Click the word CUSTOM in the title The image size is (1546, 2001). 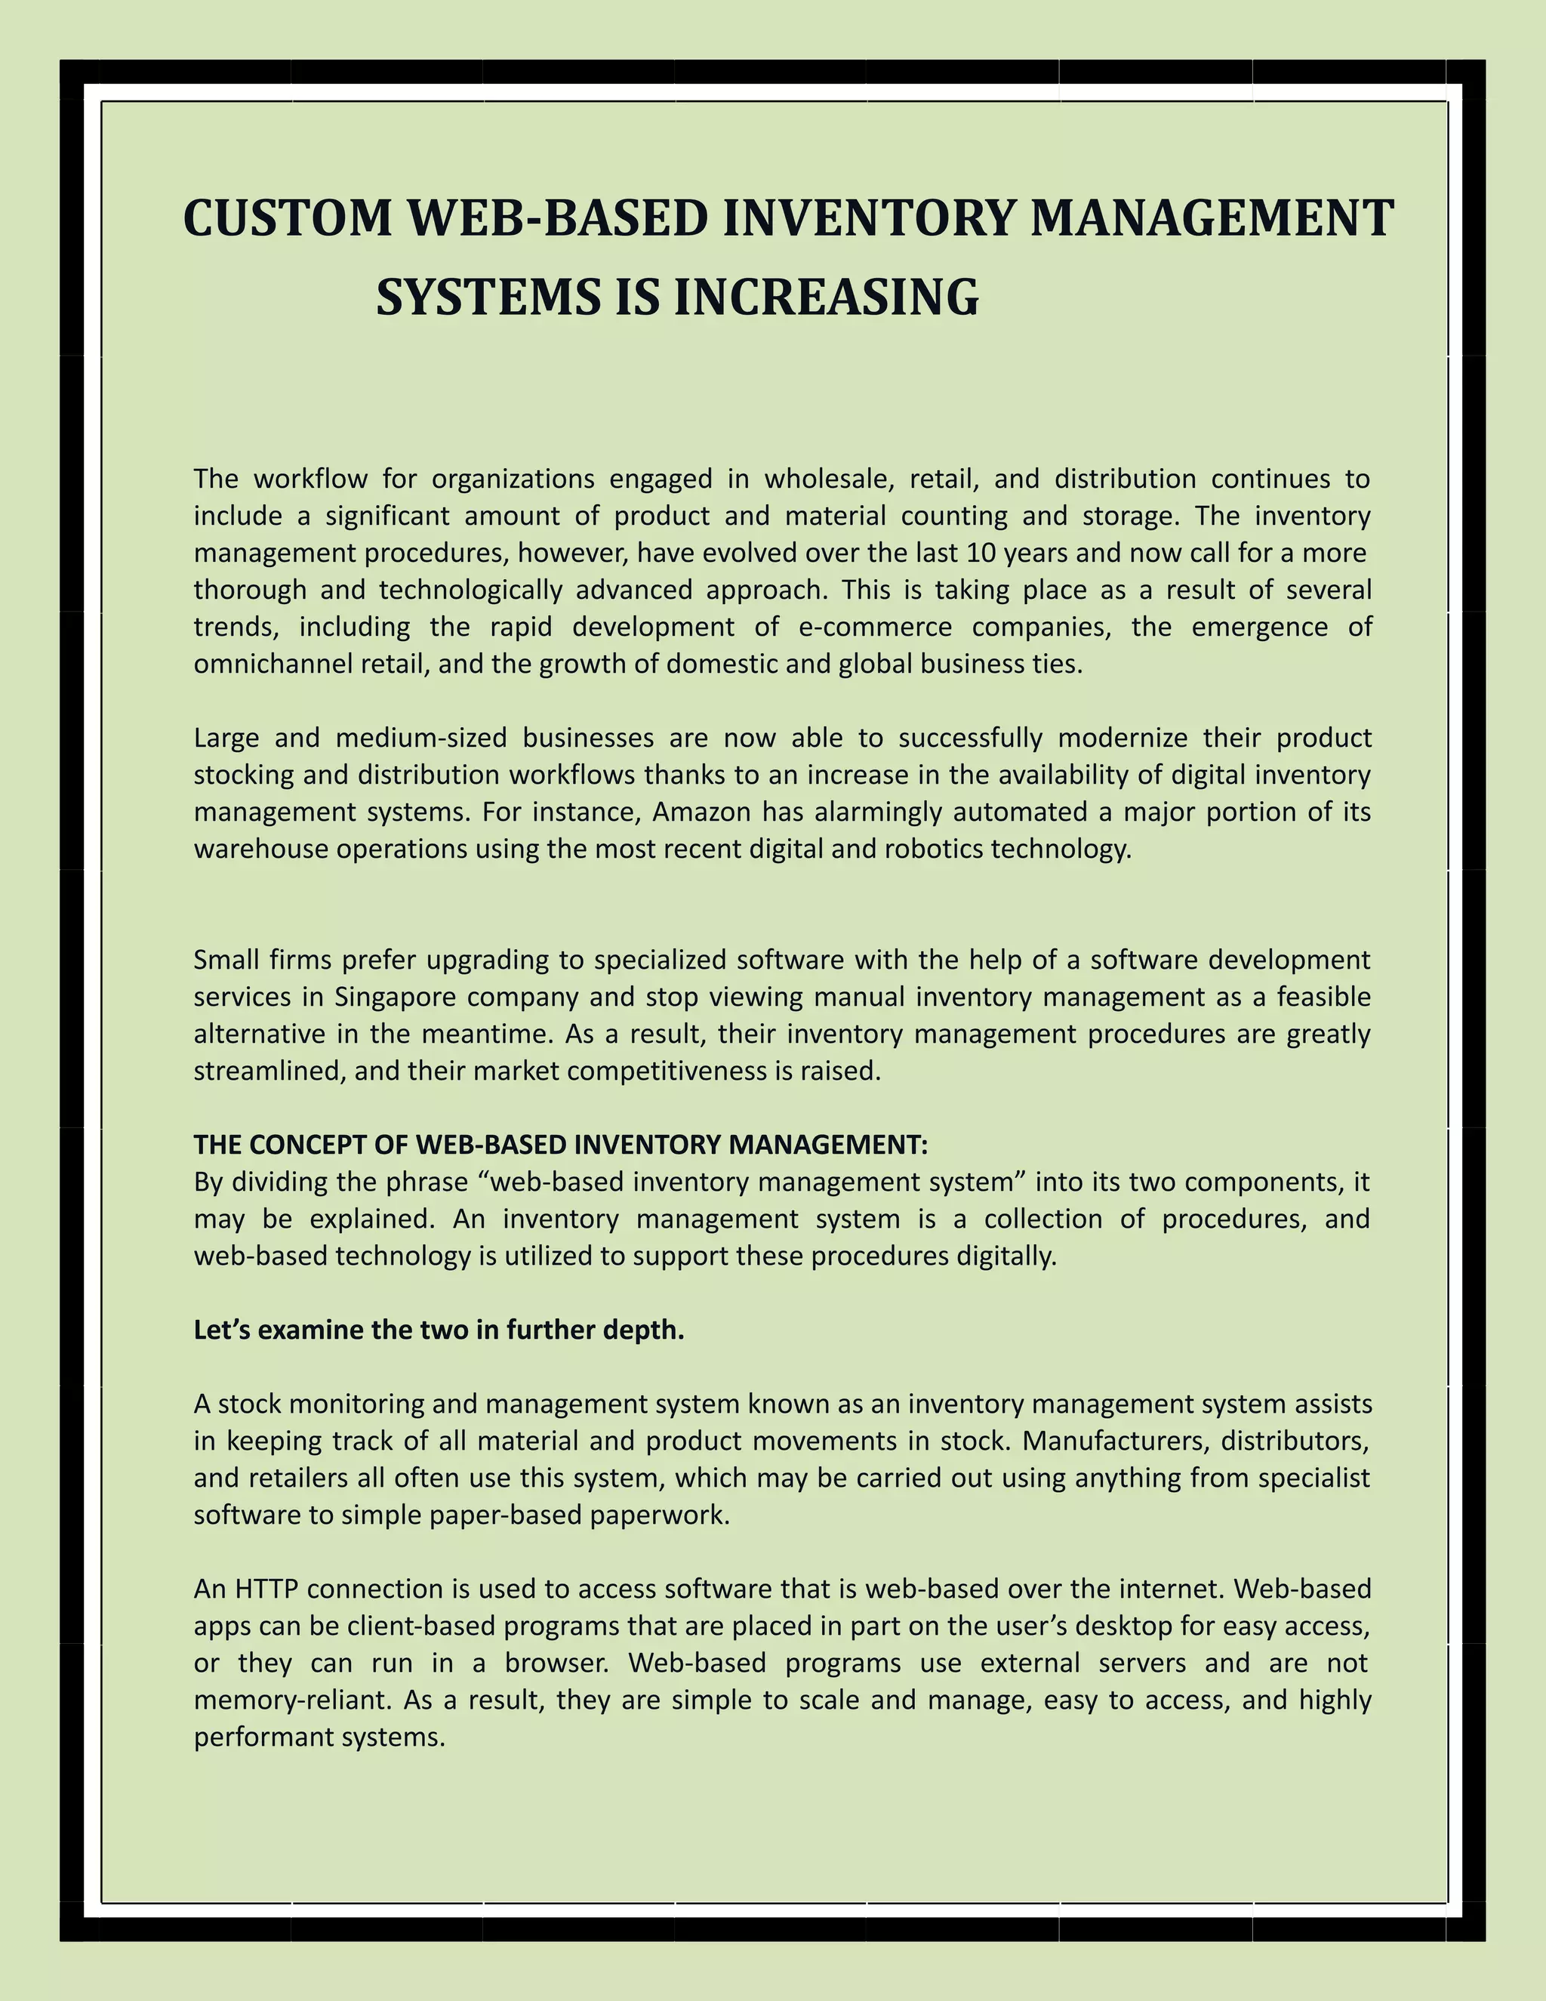(x=288, y=219)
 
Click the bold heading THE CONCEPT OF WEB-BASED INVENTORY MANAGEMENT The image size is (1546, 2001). (x=561, y=1145)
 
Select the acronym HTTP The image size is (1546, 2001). (x=266, y=1589)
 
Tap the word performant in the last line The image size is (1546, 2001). (x=263, y=1737)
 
